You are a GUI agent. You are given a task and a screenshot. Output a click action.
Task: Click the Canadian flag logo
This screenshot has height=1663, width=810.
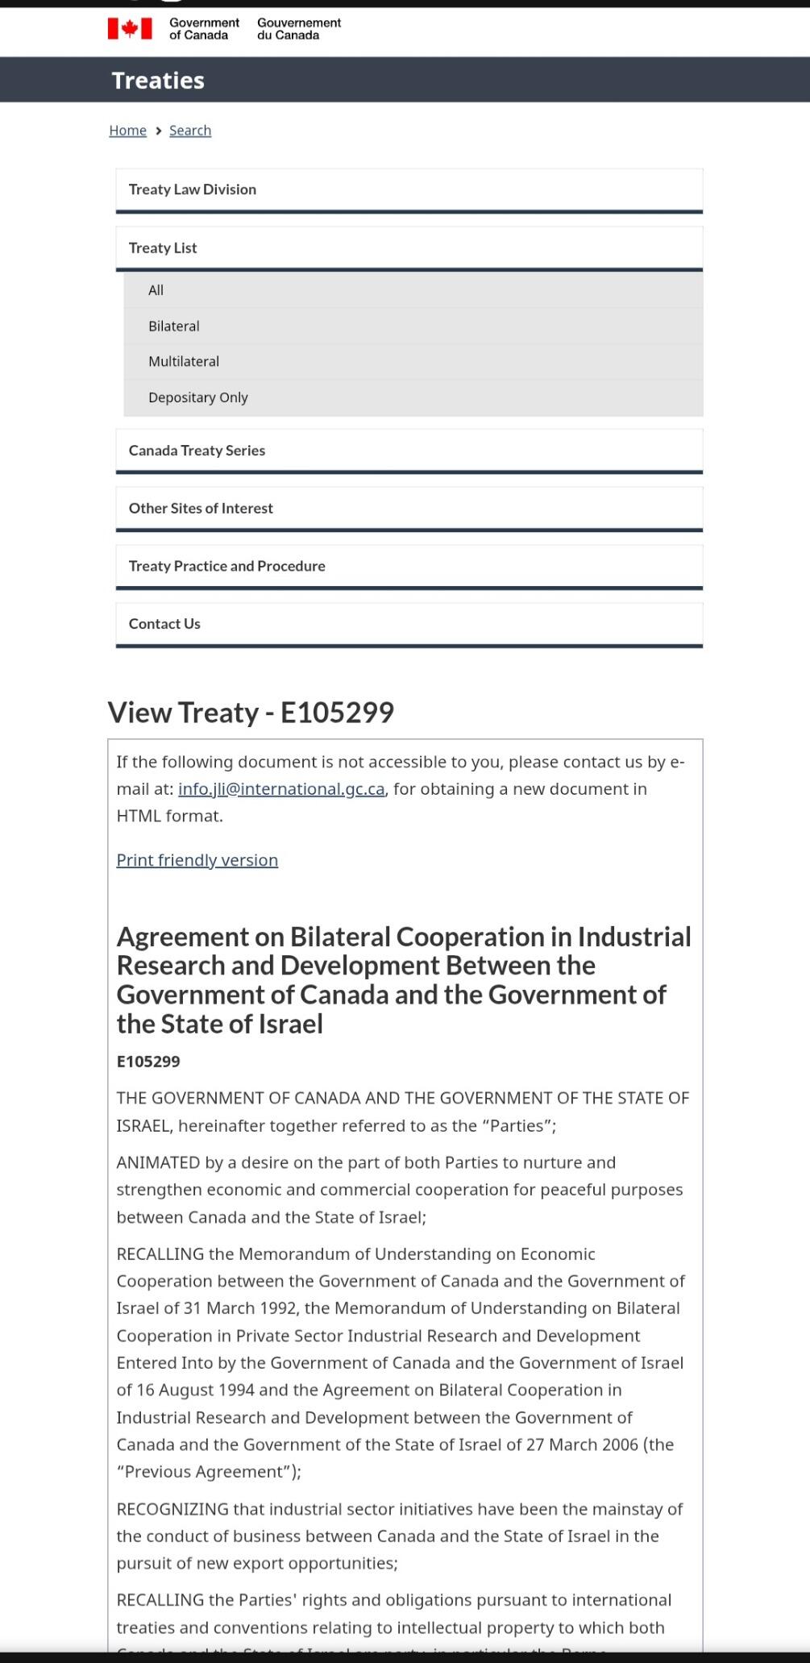[x=130, y=29]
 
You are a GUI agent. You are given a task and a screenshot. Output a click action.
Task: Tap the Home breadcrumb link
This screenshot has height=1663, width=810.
[x=127, y=131]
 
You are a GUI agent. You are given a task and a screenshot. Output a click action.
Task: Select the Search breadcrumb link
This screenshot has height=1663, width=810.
[x=190, y=131]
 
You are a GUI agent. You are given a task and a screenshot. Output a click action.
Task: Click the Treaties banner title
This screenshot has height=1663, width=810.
[x=158, y=81]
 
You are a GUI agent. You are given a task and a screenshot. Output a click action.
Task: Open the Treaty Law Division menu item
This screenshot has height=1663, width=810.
[x=193, y=189]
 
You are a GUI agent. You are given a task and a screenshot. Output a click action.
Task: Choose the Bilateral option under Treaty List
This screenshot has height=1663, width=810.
[x=174, y=326]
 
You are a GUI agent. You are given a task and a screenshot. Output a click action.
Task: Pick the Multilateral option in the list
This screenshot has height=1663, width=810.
[x=184, y=362]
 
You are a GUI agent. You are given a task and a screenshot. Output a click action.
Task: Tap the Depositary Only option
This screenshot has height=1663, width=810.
[x=198, y=397]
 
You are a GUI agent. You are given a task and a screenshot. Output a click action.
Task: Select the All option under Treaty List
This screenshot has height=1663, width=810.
[x=156, y=290]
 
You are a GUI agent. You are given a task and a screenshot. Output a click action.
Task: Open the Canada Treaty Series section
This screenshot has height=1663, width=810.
[x=197, y=451]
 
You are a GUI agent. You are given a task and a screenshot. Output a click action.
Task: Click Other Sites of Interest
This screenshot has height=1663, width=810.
[x=201, y=509]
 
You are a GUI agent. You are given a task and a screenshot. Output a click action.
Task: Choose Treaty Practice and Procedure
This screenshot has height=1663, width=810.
[x=227, y=566]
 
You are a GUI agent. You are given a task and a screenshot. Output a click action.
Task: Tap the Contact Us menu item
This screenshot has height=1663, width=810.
[x=164, y=624]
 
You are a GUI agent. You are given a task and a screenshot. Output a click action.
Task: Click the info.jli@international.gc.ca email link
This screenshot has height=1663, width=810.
[x=281, y=789]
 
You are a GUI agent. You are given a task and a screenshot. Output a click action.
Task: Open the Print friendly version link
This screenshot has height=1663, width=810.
[x=197, y=860]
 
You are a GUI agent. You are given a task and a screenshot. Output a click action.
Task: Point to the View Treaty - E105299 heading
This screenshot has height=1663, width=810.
[x=251, y=713]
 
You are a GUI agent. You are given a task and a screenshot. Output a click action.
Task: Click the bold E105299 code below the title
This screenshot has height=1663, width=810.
[x=148, y=1062]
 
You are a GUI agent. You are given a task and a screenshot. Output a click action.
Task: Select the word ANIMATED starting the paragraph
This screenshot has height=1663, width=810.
[x=158, y=1162]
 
